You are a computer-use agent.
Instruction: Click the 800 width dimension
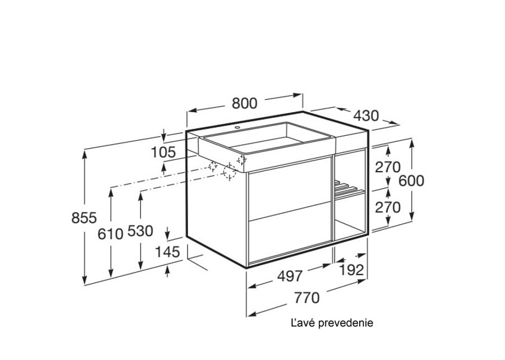click(x=245, y=103)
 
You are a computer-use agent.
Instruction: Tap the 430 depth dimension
click(x=366, y=116)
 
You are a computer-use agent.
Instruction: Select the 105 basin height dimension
click(x=163, y=152)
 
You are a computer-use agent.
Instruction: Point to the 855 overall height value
click(x=84, y=218)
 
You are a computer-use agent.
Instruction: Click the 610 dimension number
click(x=111, y=234)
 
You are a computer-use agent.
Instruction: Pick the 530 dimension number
click(x=140, y=231)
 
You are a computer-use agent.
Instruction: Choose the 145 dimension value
click(x=167, y=252)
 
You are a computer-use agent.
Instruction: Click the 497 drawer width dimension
click(x=290, y=276)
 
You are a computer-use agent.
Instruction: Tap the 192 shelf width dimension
click(x=351, y=270)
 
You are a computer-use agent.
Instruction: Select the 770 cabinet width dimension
click(x=306, y=298)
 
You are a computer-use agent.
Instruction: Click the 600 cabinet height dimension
click(x=411, y=181)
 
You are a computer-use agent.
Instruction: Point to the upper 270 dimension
click(x=388, y=167)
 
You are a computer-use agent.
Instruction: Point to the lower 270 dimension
click(x=388, y=207)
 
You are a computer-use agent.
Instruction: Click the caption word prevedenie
click(x=346, y=322)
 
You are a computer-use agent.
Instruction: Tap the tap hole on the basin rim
click(x=237, y=128)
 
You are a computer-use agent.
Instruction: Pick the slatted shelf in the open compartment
click(x=349, y=189)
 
